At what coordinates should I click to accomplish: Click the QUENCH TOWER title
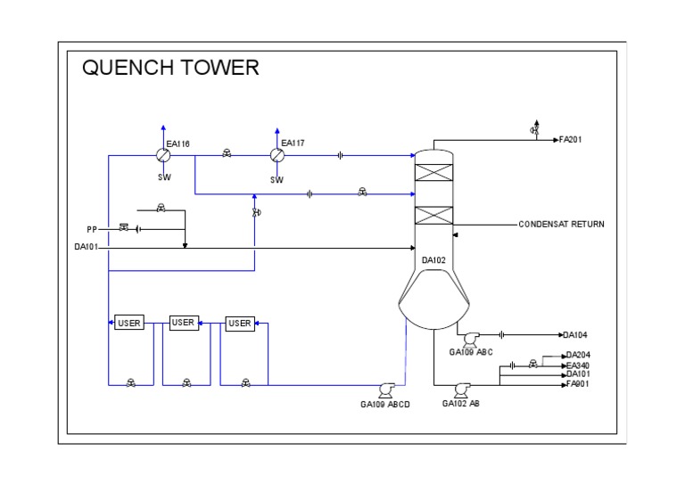point(170,68)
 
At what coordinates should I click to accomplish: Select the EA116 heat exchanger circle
point(163,155)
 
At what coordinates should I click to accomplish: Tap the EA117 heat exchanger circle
point(277,155)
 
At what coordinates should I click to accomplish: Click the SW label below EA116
point(164,177)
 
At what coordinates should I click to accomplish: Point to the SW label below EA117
point(277,179)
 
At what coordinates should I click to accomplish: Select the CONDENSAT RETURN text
point(561,225)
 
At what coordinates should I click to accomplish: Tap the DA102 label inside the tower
point(434,260)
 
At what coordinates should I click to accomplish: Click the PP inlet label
point(92,229)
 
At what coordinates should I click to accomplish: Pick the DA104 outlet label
point(575,335)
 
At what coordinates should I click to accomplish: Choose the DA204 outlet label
point(578,355)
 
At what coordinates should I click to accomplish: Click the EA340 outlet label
point(578,365)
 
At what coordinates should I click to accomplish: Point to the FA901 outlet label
point(578,384)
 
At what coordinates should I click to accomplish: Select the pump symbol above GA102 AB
point(462,389)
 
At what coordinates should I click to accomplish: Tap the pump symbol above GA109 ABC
point(470,337)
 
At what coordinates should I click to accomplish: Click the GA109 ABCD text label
point(385,405)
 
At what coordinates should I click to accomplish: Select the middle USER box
point(183,323)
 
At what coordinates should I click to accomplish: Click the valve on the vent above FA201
point(534,131)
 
